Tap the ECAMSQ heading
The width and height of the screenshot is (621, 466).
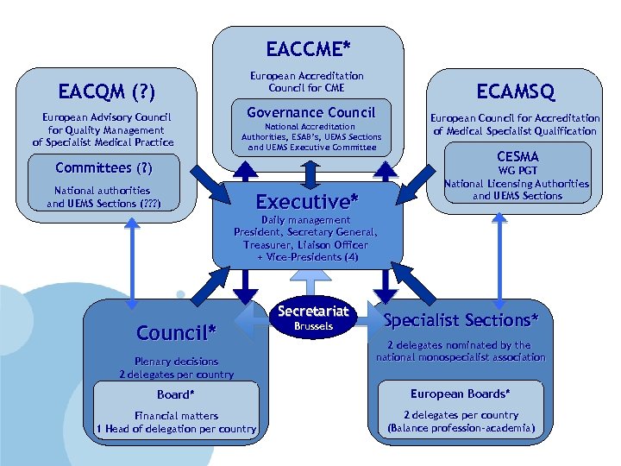pyautogui.click(x=516, y=91)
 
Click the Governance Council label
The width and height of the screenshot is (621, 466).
pyautogui.click(x=310, y=112)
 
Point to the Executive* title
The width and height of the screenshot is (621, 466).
pyautogui.click(x=307, y=202)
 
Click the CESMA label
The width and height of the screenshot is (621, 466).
pyautogui.click(x=517, y=157)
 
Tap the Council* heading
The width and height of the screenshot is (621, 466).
pyautogui.click(x=176, y=331)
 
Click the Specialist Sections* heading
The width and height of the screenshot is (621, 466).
pyautogui.click(x=461, y=320)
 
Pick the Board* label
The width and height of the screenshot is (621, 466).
pyautogui.click(x=175, y=394)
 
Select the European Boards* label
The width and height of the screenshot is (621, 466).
pyautogui.click(x=459, y=394)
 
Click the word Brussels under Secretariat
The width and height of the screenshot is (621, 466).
pyautogui.click(x=313, y=327)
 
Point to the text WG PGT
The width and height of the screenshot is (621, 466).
pyautogui.click(x=517, y=171)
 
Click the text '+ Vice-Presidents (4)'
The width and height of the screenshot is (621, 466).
pyautogui.click(x=307, y=257)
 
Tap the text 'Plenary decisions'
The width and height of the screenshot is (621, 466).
pyautogui.click(x=176, y=362)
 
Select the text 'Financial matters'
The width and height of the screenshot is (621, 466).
pyautogui.click(x=176, y=415)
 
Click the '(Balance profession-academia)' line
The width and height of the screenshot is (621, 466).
pyautogui.click(x=461, y=428)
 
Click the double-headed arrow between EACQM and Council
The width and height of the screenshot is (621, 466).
pyautogui.click(x=133, y=256)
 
